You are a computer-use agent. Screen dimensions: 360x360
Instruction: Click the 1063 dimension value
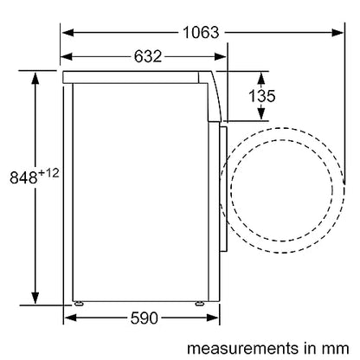201,32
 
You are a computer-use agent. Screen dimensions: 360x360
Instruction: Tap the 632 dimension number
148,56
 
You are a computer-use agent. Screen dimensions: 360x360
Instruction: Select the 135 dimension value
261,96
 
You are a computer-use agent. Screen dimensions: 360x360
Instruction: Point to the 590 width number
144,318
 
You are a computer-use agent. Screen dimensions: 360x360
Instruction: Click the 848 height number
23,177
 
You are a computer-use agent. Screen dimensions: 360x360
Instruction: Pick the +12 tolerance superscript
48,173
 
